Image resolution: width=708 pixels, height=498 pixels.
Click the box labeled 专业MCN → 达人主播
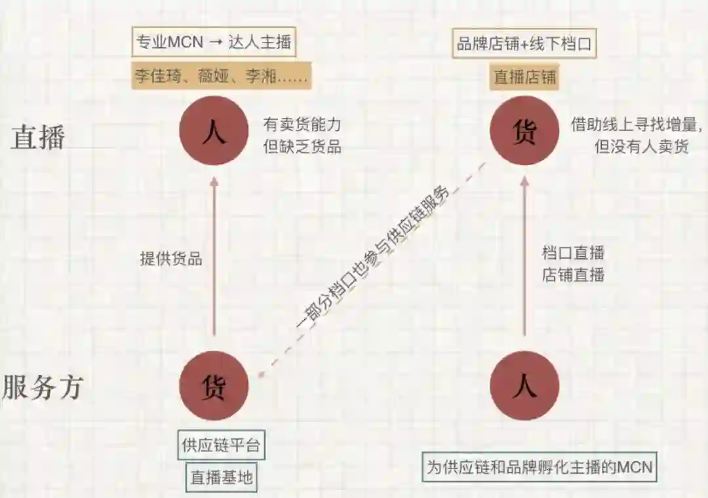[x=214, y=43]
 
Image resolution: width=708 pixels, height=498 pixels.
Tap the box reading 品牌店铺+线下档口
[x=524, y=45]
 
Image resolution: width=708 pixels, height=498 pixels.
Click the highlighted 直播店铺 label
[x=525, y=77]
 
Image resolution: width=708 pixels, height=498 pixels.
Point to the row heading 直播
[x=38, y=138]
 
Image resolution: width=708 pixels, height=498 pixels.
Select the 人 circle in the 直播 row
[x=214, y=132]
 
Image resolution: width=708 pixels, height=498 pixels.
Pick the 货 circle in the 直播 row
[x=524, y=132]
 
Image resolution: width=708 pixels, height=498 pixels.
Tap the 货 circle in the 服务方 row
[x=214, y=386]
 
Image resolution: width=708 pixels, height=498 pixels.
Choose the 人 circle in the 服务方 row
[x=524, y=386]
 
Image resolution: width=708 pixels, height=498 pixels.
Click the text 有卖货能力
[x=302, y=124]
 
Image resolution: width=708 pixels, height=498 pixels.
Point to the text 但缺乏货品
[x=302, y=145]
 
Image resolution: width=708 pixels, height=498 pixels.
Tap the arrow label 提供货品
[x=171, y=258]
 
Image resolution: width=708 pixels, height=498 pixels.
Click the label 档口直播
[x=573, y=252]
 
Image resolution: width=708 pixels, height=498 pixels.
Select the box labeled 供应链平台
[x=222, y=445]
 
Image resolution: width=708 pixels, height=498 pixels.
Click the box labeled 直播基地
[x=222, y=476]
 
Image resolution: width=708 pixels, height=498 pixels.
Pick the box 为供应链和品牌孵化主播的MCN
[x=539, y=467]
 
